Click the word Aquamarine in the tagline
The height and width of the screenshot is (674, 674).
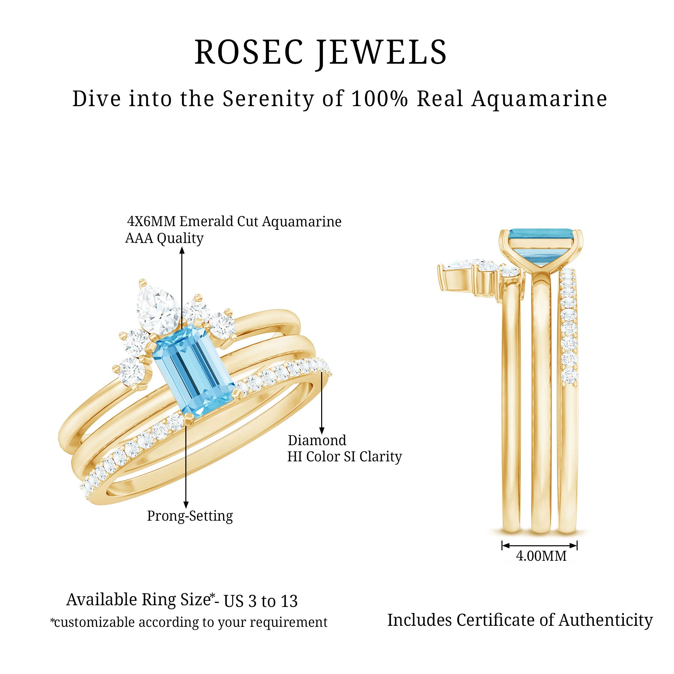coord(539,99)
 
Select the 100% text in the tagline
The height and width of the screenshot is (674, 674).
coord(379,99)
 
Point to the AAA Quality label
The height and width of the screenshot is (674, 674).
coord(164,238)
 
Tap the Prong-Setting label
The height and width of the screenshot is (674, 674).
coord(190,516)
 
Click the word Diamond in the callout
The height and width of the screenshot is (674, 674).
coord(317,440)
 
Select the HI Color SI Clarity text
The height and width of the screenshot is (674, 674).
coord(344,457)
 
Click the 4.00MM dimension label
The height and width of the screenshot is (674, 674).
coord(541,556)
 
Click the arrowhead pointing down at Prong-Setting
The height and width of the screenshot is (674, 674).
coord(186,504)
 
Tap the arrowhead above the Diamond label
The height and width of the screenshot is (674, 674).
coord(321,431)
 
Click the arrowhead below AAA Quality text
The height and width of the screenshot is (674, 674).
coord(182,250)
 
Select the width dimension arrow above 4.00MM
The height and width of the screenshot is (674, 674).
coord(539,545)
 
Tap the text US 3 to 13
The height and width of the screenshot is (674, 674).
coord(261,601)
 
